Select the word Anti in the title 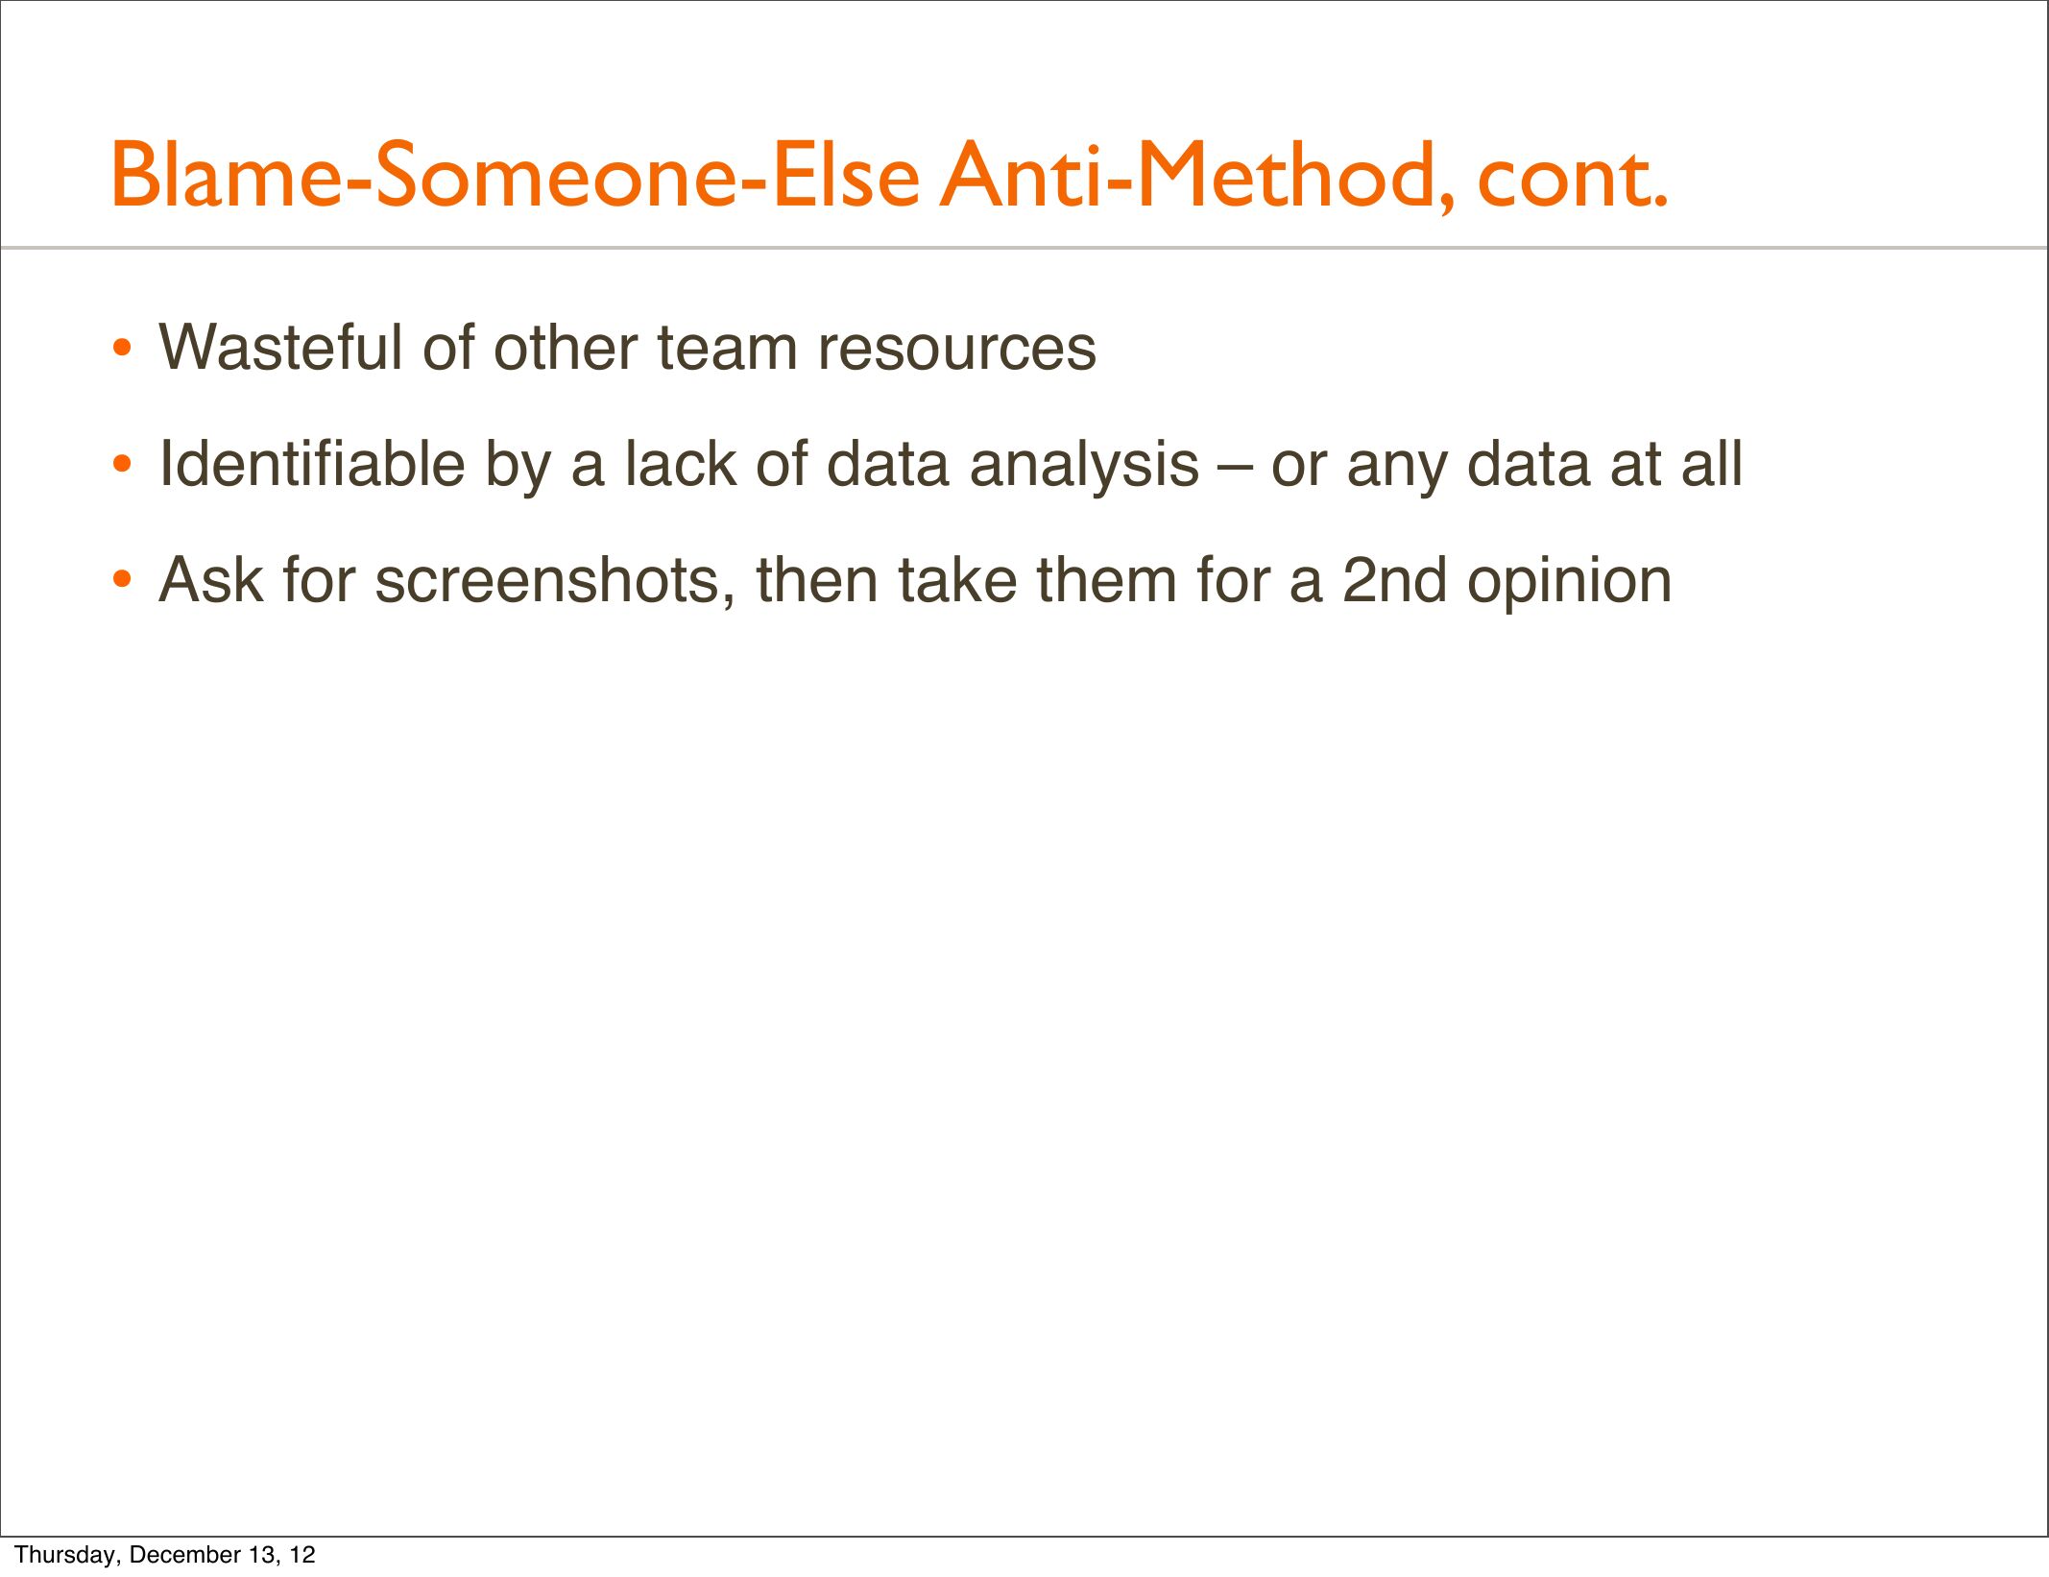click(x=1018, y=175)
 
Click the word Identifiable click(x=312, y=463)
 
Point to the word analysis click(x=1084, y=468)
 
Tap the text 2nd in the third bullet click(x=1394, y=580)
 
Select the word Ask click(x=211, y=580)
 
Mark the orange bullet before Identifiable click(x=121, y=465)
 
